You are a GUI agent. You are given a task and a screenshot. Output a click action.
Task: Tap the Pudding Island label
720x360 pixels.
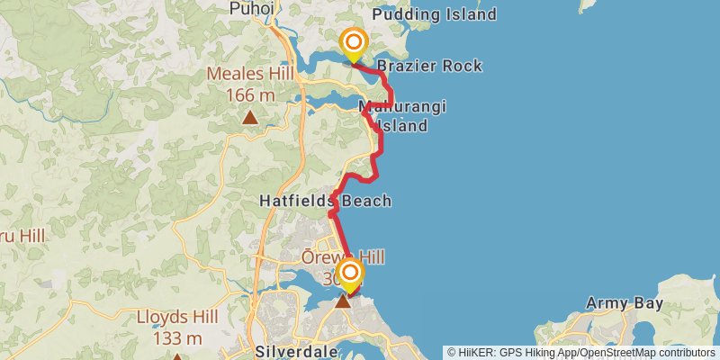click(434, 14)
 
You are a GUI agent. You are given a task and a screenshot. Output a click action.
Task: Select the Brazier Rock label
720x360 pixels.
click(429, 66)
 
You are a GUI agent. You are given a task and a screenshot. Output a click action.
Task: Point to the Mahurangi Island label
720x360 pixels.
click(402, 116)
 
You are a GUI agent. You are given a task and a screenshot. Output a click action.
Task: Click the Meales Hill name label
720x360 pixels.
click(251, 74)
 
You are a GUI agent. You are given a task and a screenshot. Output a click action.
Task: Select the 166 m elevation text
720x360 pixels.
click(251, 94)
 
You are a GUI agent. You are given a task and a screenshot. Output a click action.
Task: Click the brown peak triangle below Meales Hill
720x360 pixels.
click(250, 117)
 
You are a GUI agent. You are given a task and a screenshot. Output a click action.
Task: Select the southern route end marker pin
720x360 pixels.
click(349, 274)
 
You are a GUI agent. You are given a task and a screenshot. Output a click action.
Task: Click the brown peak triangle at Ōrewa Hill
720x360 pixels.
click(343, 301)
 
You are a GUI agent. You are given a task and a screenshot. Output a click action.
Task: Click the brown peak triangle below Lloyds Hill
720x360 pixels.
click(177, 356)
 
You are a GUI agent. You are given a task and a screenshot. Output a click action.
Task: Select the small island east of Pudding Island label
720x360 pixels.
click(589, 4)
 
